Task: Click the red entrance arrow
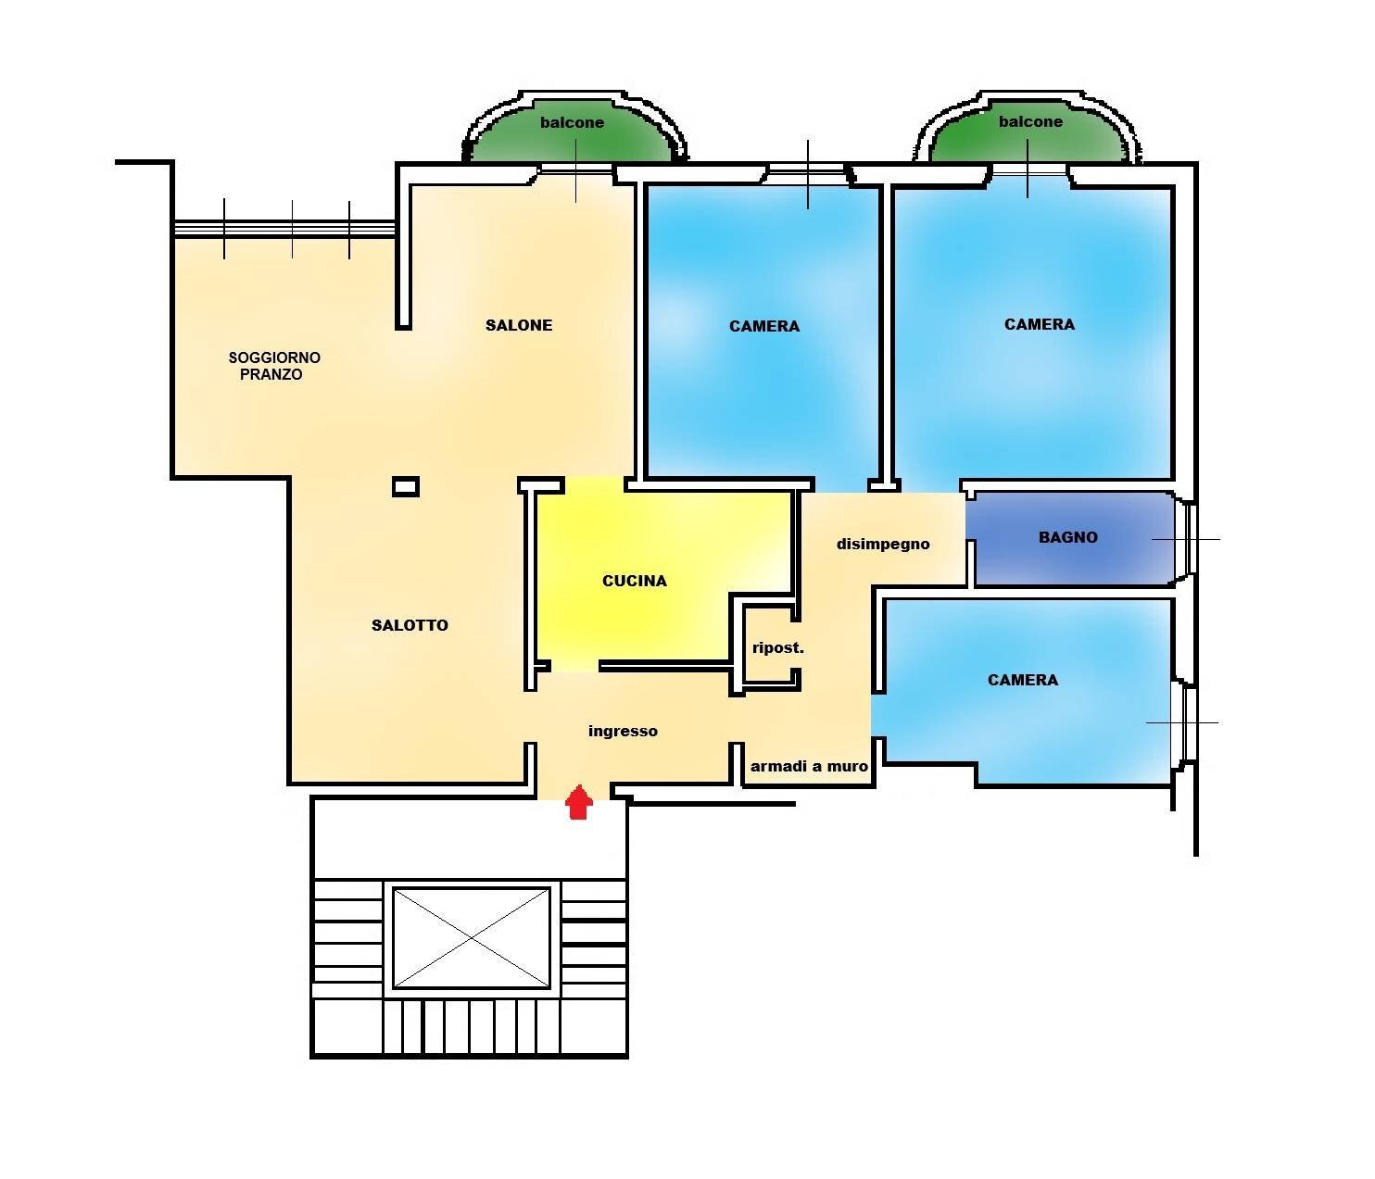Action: pyautogui.click(x=579, y=802)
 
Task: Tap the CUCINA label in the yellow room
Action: pyautogui.click(x=634, y=581)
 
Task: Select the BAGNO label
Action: pyautogui.click(x=1067, y=537)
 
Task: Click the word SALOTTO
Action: pyautogui.click(x=410, y=625)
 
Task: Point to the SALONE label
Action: pyautogui.click(x=519, y=325)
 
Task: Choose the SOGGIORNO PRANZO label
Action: pyautogui.click(x=273, y=366)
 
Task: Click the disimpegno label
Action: pyautogui.click(x=883, y=544)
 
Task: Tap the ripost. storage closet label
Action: pyautogui.click(x=777, y=647)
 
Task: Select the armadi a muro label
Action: pyautogui.click(x=809, y=766)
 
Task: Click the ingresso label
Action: pyautogui.click(x=623, y=731)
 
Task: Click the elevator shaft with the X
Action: pyautogui.click(x=472, y=937)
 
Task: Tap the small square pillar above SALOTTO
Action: pyautogui.click(x=406, y=486)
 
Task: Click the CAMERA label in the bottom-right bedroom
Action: pyautogui.click(x=1022, y=680)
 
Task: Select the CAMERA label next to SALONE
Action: pyautogui.click(x=763, y=326)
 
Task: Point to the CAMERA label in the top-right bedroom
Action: pyautogui.click(x=1039, y=324)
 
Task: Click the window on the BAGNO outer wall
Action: pyautogui.click(x=1189, y=539)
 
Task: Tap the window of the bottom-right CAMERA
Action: pyautogui.click(x=1185, y=722)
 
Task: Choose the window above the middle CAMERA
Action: pyautogui.click(x=807, y=170)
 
